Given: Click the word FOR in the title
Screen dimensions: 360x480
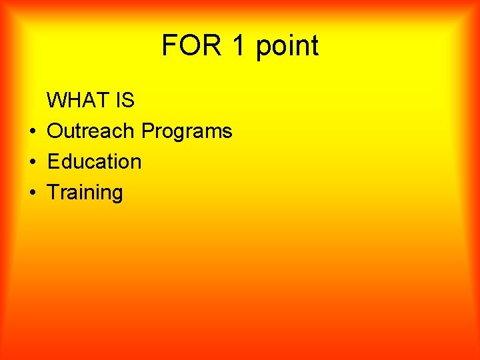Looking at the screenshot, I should coord(190,45).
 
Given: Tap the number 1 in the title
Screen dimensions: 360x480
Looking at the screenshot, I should coord(237,45).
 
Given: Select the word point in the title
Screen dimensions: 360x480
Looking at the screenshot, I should coord(287,47).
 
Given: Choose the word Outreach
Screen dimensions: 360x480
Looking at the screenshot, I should coord(91,131).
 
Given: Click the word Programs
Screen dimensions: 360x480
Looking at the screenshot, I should coord(187,132).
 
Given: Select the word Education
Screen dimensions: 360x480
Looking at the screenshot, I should coord(94,161).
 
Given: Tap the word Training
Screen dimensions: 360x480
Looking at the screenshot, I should coord(85,193).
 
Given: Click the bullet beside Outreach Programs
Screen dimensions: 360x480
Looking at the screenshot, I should coord(31,131).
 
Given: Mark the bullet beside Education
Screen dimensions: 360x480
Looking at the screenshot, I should coord(31,162).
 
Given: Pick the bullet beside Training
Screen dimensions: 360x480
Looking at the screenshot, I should coord(31,193).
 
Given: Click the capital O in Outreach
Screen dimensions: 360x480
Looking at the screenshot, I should coord(55,131).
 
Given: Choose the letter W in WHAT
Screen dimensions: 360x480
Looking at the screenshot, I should coord(57,101).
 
